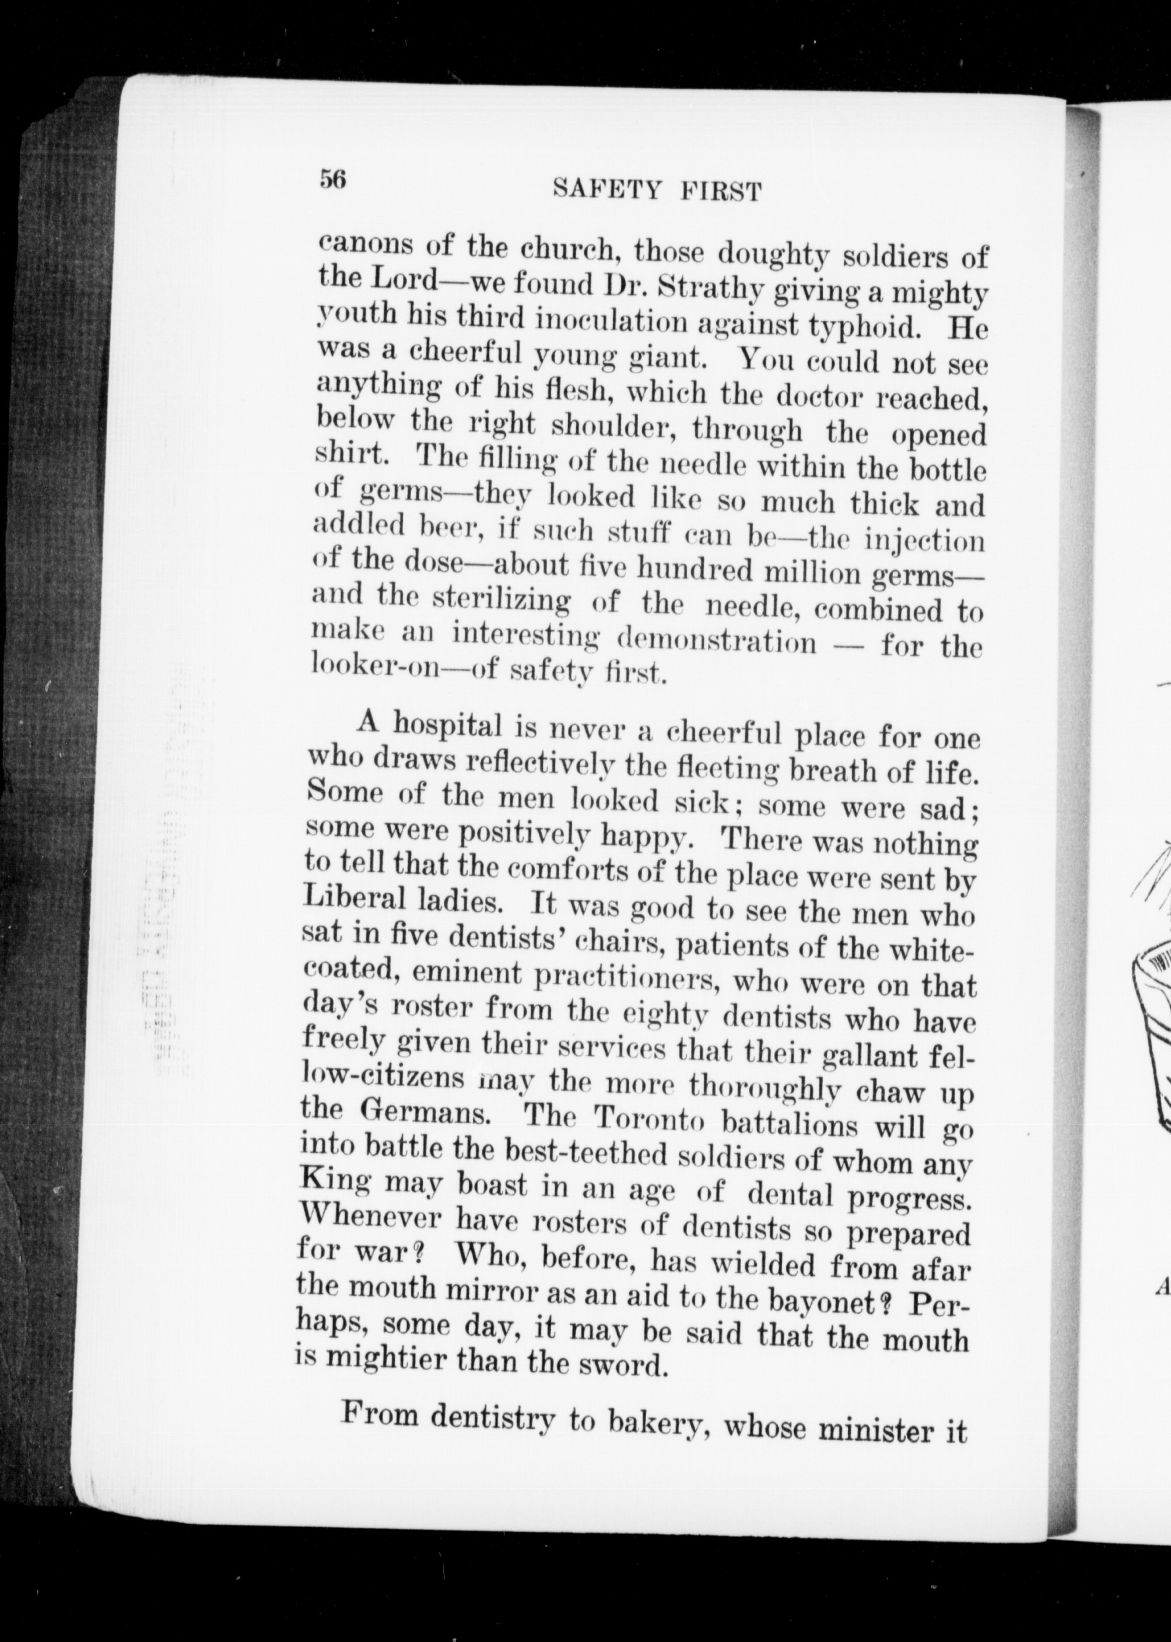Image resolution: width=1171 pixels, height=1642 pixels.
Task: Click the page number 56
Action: pos(333,178)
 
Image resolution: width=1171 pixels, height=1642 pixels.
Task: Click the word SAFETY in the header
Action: pos(606,190)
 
